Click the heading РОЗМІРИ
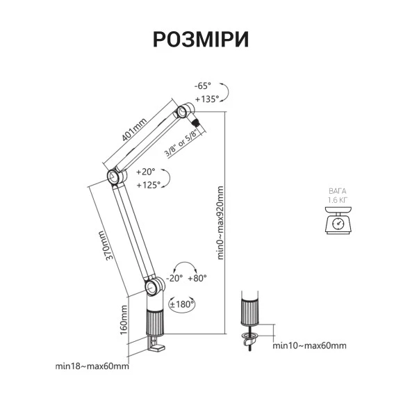click(201, 40)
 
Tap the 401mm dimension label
click(134, 130)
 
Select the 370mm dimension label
click(106, 245)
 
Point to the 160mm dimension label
click(124, 320)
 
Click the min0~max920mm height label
click(220, 222)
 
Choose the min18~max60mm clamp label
click(92, 366)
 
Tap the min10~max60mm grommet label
click(309, 346)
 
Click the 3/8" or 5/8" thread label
click(181, 143)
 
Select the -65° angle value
click(202, 86)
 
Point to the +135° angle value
click(207, 99)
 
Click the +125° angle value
click(148, 185)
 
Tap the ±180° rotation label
click(181, 304)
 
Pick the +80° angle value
click(197, 278)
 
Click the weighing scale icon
click(338, 220)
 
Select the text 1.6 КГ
click(338, 199)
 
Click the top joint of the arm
click(183, 111)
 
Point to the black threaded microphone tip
click(197, 122)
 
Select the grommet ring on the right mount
click(249, 336)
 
